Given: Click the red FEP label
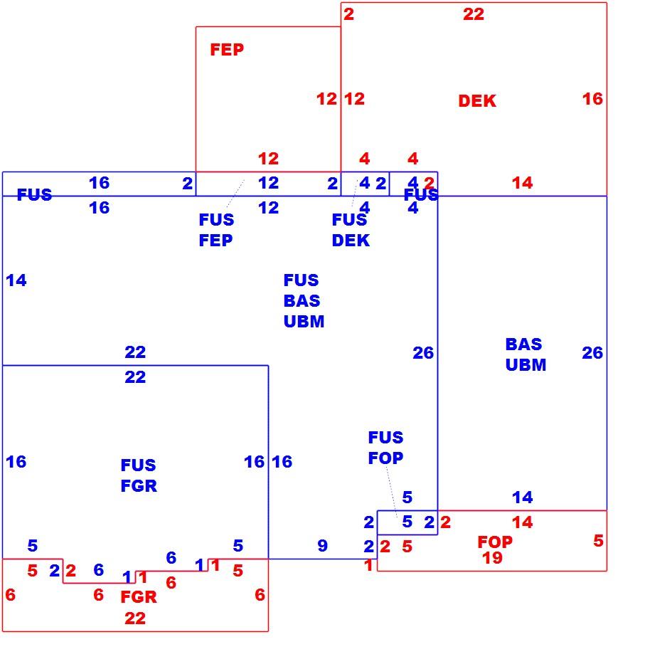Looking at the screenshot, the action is [227, 50].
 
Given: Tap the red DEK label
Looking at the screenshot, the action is [477, 101].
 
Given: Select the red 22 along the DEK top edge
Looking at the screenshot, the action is [474, 14].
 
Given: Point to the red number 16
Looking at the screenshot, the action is [592, 99].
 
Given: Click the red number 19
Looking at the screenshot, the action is [492, 558].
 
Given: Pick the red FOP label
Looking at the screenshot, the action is [495, 542].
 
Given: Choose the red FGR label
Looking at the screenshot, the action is [139, 597].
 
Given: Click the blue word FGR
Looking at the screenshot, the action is [139, 486].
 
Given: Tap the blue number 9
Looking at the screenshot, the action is [323, 546].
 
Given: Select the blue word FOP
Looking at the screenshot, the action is [385, 458].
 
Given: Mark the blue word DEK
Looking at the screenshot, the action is [351, 241].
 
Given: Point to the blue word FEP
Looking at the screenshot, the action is [215, 241].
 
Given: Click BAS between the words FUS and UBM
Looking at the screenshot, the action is [302, 301].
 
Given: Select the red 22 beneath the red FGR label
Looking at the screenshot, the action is [135, 618].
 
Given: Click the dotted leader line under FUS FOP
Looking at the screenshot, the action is [392, 492].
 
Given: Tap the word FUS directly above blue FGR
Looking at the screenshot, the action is [138, 465].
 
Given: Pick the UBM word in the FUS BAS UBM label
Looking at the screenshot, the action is [304, 322].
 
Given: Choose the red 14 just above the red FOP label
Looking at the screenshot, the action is [522, 522].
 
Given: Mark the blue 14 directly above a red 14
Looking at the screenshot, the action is [522, 497].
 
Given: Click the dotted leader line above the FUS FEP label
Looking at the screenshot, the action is [236, 194].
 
